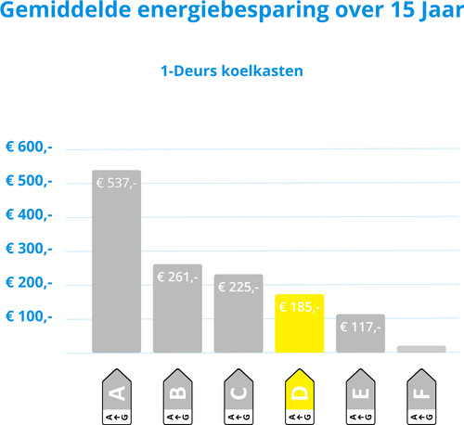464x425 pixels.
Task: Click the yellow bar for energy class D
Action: (300, 323)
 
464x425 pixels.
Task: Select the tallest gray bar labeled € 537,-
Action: (117, 262)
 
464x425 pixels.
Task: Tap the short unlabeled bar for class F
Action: (421, 349)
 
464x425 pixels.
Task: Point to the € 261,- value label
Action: (177, 277)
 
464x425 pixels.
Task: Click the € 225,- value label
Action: (238, 288)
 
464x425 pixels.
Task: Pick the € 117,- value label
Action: (360, 328)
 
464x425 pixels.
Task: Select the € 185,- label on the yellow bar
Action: (299, 307)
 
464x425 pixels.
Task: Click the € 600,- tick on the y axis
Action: (29, 147)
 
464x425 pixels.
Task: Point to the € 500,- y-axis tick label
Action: (29, 181)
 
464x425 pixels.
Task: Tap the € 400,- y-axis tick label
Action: (29, 215)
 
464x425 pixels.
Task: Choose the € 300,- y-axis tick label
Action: (29, 249)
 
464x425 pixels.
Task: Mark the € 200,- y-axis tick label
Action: (29, 283)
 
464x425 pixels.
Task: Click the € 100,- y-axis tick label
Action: (29, 316)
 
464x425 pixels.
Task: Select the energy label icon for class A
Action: (117, 396)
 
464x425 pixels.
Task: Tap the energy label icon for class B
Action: (177, 396)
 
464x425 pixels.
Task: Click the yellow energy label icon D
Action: (300, 396)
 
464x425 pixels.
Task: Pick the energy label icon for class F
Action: (421, 396)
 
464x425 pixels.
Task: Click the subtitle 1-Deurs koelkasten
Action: (232, 71)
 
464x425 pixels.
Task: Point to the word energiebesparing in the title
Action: (233, 11)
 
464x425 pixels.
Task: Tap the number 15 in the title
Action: (402, 9)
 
